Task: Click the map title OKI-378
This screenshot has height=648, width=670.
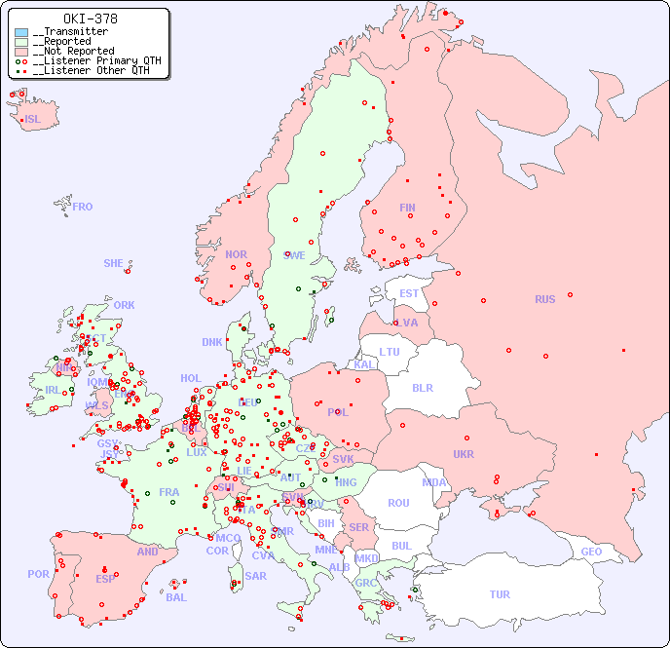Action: [90, 19]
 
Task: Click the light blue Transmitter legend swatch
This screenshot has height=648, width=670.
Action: [21, 32]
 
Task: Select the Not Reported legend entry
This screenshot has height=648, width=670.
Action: [73, 51]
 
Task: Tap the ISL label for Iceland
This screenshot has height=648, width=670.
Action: [32, 120]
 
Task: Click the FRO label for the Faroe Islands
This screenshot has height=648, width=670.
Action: [83, 207]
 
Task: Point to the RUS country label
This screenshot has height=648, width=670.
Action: [544, 299]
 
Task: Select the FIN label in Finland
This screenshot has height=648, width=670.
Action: [407, 208]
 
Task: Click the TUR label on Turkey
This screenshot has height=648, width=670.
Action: [500, 594]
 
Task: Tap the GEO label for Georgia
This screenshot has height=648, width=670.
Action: [591, 552]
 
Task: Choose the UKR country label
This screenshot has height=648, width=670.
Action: [463, 454]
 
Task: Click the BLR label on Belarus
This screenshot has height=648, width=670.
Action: [423, 387]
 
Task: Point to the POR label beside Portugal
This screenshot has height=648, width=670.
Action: [38, 574]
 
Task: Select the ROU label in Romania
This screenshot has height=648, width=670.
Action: [398, 503]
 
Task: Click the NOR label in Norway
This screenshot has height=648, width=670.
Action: [236, 254]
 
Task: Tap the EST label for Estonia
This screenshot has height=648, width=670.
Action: [409, 293]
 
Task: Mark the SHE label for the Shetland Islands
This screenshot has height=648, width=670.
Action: [113, 263]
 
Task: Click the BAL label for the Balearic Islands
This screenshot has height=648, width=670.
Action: [175, 597]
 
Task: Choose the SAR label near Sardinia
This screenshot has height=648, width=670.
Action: [255, 576]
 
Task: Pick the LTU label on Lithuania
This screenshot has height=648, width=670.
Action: [390, 352]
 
